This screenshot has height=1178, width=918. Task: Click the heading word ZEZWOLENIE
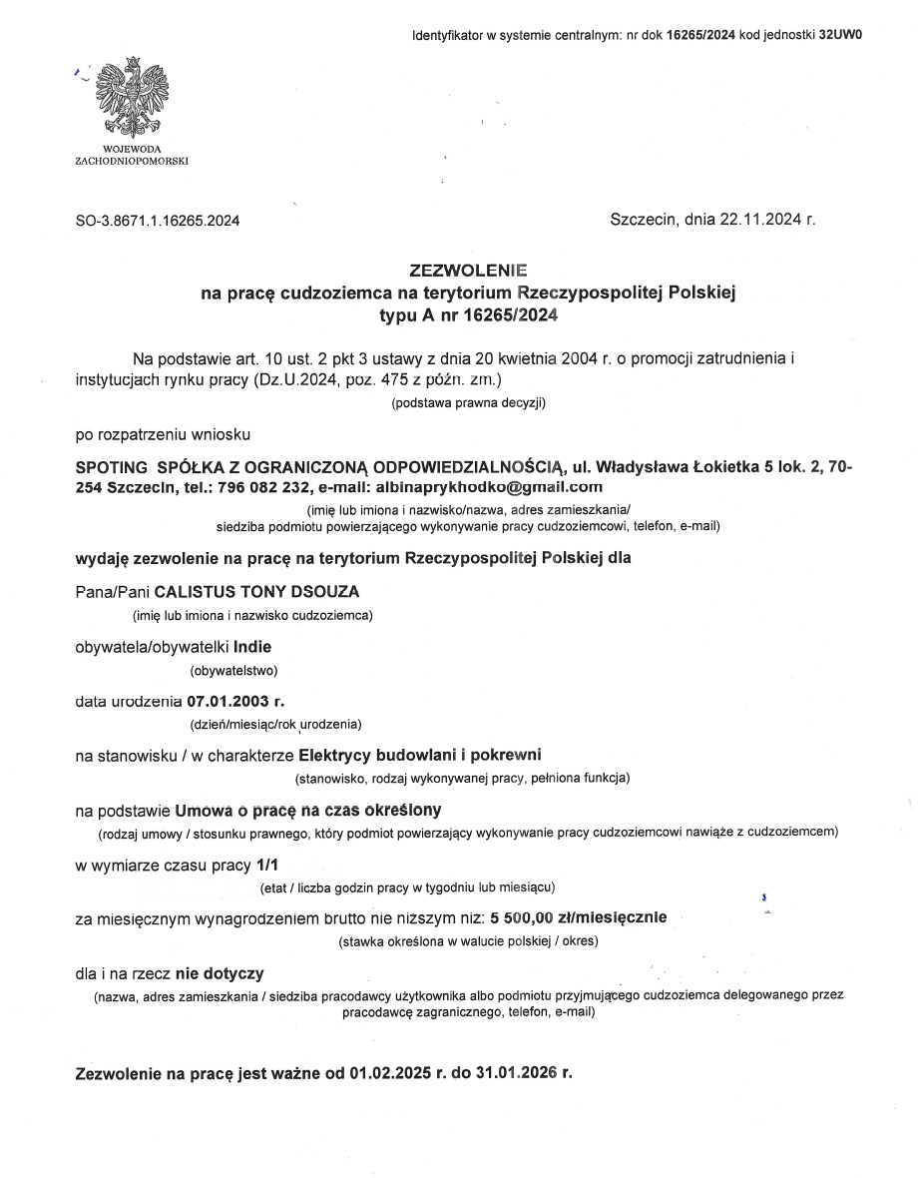click(468, 271)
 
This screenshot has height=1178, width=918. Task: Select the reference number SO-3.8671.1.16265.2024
click(158, 221)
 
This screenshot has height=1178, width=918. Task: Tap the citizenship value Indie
click(251, 646)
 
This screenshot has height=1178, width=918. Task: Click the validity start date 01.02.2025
click(390, 1074)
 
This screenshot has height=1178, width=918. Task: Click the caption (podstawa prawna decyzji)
click(468, 403)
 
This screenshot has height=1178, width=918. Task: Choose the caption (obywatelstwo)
click(233, 670)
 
